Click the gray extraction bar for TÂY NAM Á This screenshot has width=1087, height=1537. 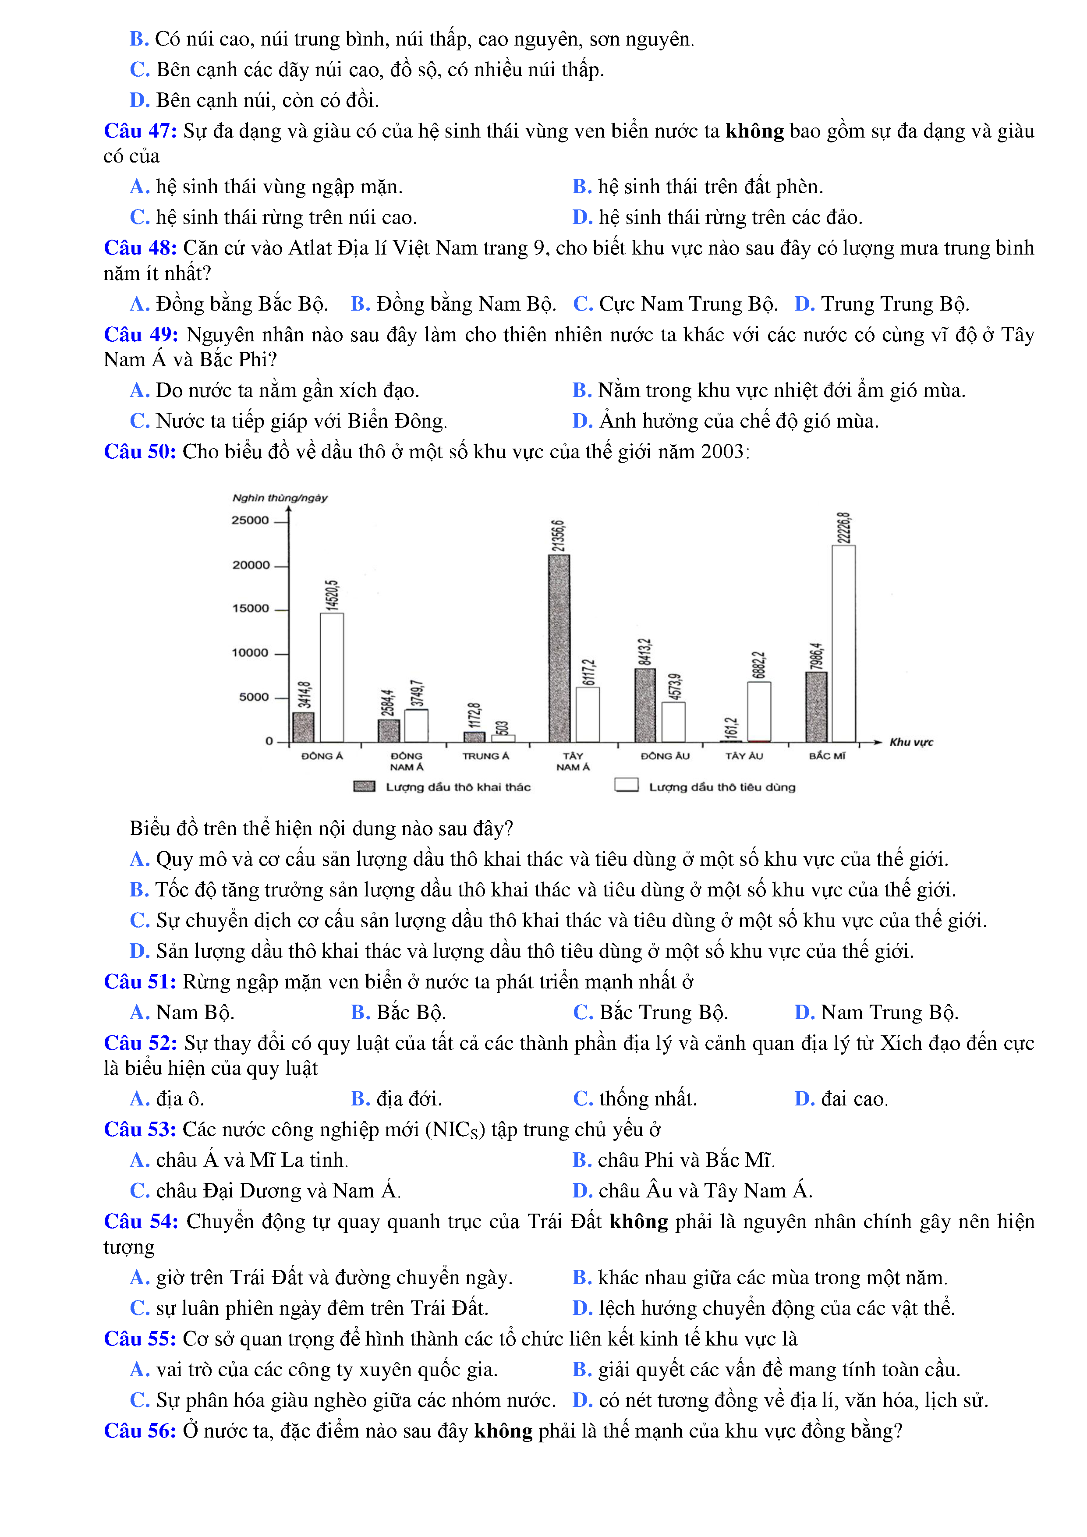[559, 648]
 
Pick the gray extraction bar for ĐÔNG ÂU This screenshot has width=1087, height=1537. [644, 705]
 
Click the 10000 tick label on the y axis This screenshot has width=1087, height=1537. [250, 653]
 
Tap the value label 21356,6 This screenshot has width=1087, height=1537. [558, 535]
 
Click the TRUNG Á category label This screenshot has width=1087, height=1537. [485, 756]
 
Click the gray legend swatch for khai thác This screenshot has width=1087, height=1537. [364, 786]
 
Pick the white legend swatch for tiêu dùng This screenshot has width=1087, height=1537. [627, 785]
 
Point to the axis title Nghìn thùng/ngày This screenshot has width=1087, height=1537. [280, 498]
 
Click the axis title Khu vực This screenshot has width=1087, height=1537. [910, 742]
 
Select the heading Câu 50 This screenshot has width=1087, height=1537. [140, 452]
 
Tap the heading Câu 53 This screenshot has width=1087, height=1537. [140, 1130]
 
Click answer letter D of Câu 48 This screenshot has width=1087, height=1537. [804, 304]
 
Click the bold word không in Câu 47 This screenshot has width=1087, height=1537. [754, 131]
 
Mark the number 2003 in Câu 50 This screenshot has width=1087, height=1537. [722, 452]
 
